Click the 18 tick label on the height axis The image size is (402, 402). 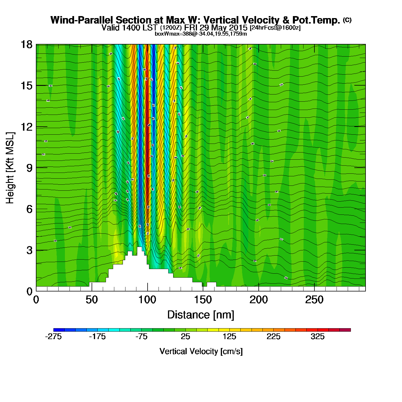tap(26, 45)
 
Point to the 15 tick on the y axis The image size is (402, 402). tap(26, 86)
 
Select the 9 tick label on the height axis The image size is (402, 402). tap(29, 168)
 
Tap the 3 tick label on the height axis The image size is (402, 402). tap(29, 250)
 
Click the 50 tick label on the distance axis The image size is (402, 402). tap(92, 300)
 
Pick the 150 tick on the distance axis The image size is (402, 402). tap(203, 300)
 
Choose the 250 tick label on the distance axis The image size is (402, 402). tap(314, 300)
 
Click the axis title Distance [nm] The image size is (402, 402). tap(201, 315)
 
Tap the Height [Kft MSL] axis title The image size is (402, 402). tap(10, 168)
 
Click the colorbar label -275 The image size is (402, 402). tap(53, 337)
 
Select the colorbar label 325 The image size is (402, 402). tap(318, 337)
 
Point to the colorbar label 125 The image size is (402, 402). tap(229, 337)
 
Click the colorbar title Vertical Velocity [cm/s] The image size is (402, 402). tap(201, 351)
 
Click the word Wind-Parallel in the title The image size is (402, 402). tap(82, 20)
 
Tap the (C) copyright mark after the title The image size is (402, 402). tap(347, 20)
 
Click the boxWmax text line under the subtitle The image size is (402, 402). tap(201, 34)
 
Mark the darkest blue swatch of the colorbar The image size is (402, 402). tap(59, 330)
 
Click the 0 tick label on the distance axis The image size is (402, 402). tap(36, 300)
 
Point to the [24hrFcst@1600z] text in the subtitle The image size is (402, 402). tap(275, 28)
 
